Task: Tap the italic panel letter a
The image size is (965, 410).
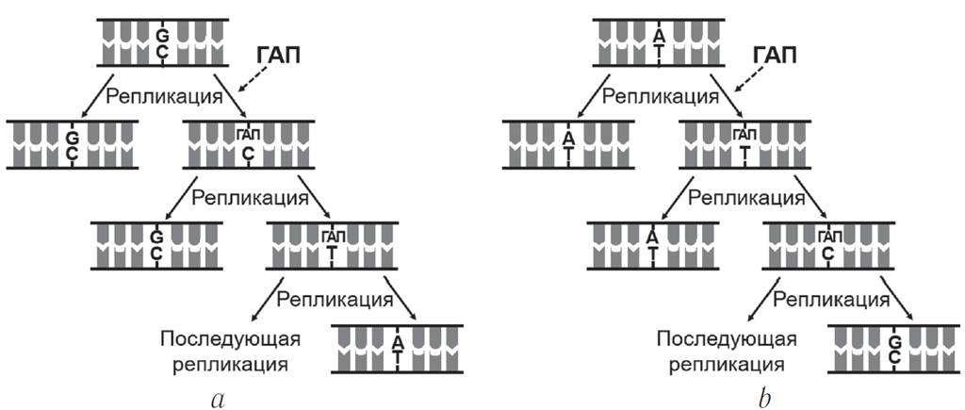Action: coord(219,398)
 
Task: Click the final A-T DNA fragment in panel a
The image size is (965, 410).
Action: coord(397,350)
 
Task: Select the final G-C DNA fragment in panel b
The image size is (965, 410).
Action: coord(893,350)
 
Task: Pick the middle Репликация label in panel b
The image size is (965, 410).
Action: coord(745,198)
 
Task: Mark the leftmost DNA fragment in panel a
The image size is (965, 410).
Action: coord(72,144)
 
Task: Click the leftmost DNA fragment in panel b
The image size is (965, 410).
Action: coord(568,144)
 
